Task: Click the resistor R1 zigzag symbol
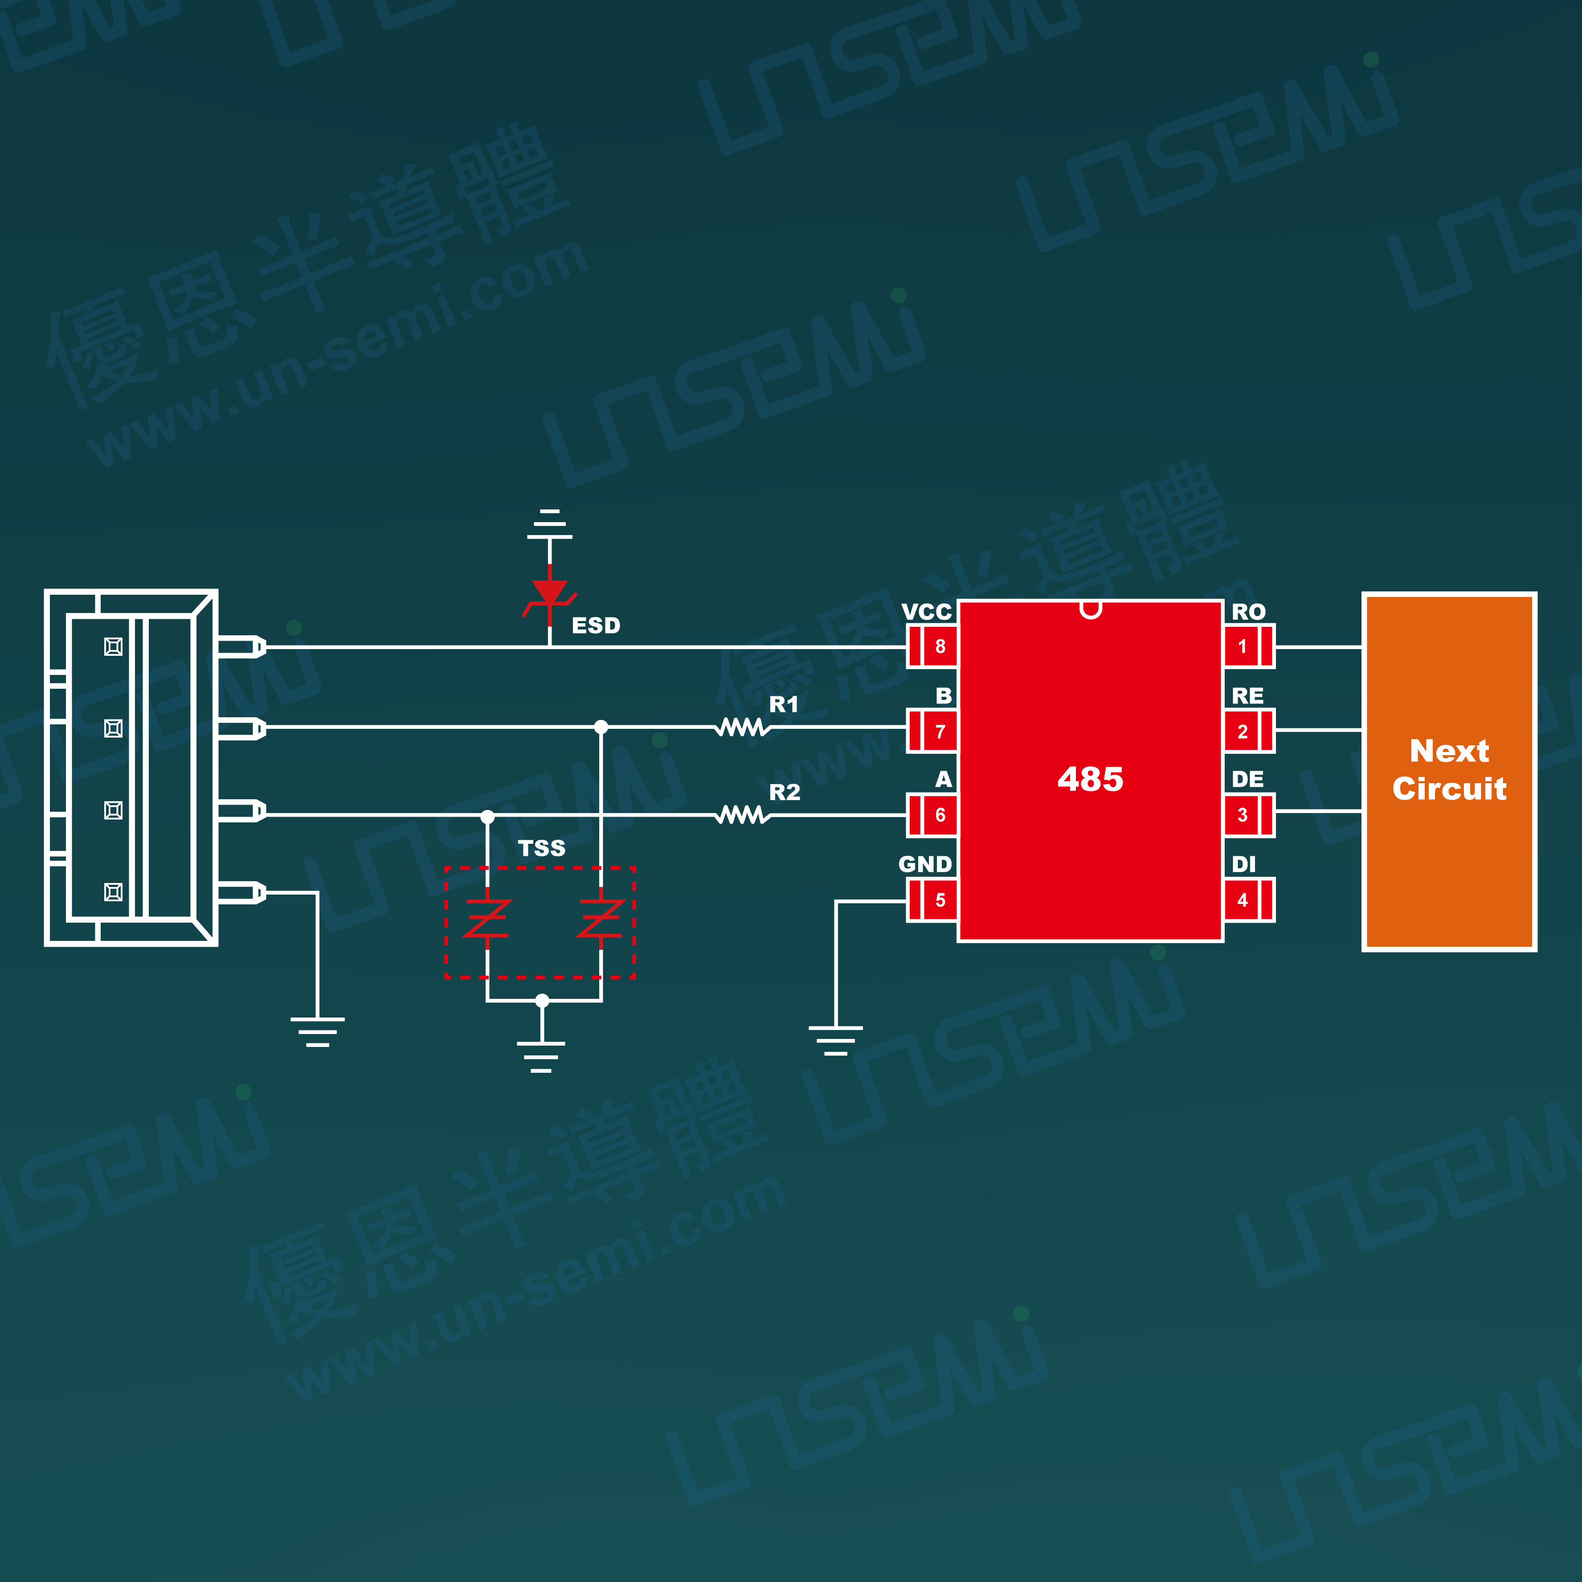[x=742, y=727]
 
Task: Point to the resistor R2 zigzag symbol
[x=742, y=815]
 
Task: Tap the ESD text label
[x=595, y=625]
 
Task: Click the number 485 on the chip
[x=1090, y=779]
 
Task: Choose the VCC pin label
[x=926, y=612]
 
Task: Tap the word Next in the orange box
[x=1448, y=751]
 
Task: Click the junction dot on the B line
[x=601, y=726]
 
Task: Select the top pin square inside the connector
[x=114, y=647]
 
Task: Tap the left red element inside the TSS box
[x=487, y=919]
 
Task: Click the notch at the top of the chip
[x=1090, y=609]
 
